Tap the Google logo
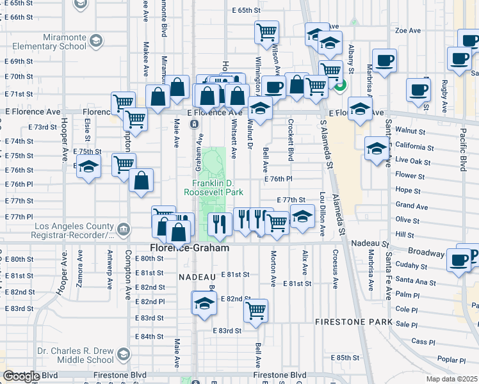tap(20, 376)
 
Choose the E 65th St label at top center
tap(246, 10)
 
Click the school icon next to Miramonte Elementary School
tap(95, 42)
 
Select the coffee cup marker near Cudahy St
tap(459, 260)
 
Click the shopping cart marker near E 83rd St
tap(256, 310)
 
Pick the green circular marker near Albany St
tap(340, 84)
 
